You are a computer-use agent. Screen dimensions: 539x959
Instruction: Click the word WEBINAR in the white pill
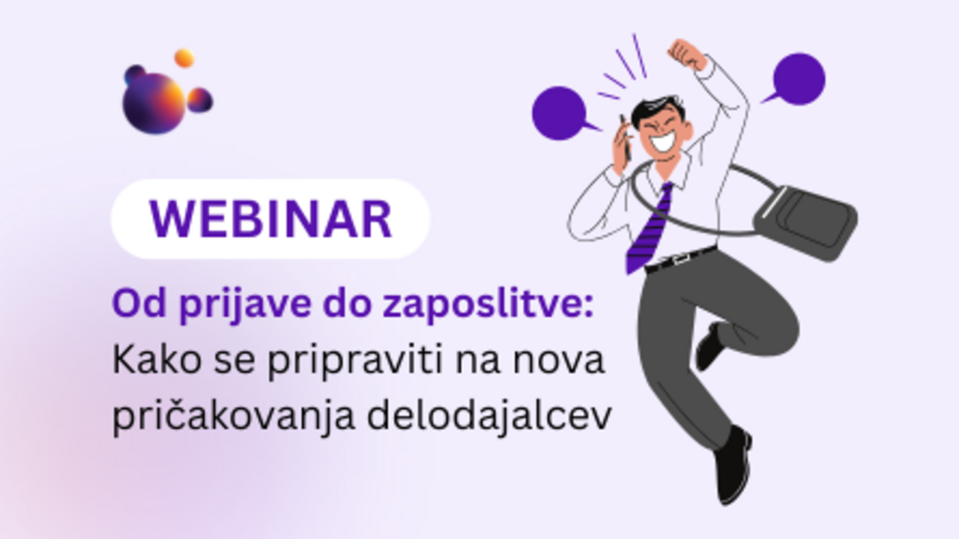click(270, 219)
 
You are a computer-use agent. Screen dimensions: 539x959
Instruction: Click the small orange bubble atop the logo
click(184, 58)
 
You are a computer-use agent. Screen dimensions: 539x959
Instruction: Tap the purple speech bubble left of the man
click(559, 113)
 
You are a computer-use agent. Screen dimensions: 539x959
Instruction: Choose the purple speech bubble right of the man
click(799, 79)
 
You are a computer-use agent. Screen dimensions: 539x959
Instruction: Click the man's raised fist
click(686, 55)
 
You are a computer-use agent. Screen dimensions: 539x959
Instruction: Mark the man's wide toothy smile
click(664, 141)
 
